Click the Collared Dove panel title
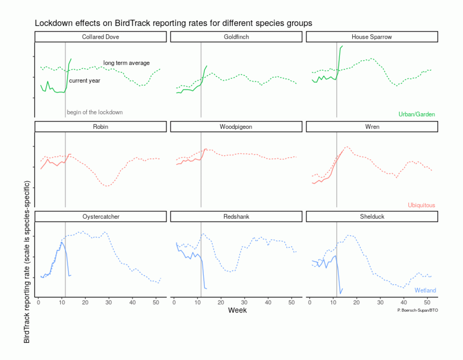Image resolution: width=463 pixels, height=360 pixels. pos(100,37)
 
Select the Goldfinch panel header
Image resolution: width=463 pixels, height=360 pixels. pos(236,37)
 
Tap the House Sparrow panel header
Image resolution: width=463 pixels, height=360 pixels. pos(371,37)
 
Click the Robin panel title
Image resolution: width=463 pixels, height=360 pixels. pos(100,127)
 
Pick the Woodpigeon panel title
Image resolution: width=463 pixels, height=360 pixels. pos(236,127)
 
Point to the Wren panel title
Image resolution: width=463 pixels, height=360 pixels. pos(372,127)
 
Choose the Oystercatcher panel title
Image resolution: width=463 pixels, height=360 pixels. pos(101,216)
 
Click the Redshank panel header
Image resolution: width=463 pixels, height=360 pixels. pos(236,216)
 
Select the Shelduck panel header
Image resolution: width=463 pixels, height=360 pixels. pos(372,216)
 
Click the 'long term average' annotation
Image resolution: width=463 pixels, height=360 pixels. pos(126,63)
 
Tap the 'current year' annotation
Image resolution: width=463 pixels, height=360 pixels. pos(84,81)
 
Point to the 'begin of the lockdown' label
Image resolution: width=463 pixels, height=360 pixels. pos(95,112)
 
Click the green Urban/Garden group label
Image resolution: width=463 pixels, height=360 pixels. pos(416,114)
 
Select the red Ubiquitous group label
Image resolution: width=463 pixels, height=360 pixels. pos(421,205)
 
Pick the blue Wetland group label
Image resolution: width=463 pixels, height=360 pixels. pos(425,290)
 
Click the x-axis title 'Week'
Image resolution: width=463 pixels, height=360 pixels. pos(237,310)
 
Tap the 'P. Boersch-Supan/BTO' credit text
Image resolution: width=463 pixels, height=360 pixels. pos(417,310)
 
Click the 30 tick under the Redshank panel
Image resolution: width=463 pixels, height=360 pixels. pos(244,302)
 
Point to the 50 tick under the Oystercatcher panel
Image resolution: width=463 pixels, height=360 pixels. pos(156,302)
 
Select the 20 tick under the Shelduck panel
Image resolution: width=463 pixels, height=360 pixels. pos(357,302)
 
